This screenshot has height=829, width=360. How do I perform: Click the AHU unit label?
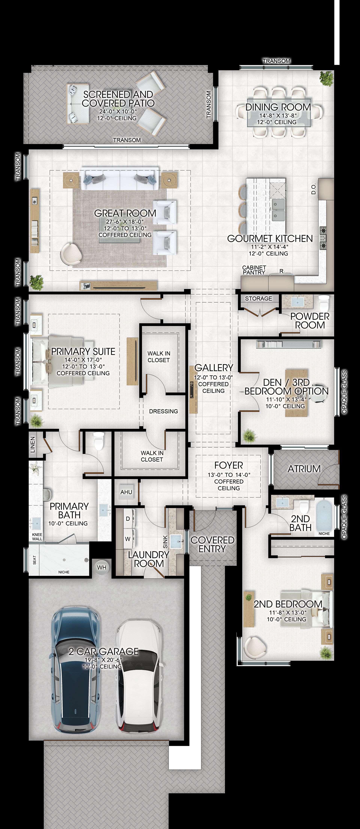[126, 492]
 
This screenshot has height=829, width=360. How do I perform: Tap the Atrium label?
[304, 469]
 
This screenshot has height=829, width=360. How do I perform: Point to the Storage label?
[258, 298]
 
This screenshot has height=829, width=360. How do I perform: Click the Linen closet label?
[32, 445]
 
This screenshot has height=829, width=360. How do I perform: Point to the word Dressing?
[163, 411]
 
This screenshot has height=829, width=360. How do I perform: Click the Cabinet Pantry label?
[254, 270]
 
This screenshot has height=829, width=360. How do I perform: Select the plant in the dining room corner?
[327, 78]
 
